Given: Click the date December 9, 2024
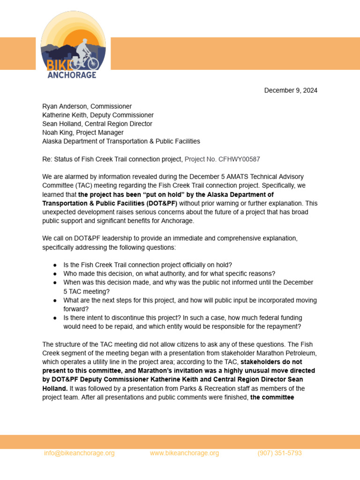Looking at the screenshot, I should [x=291, y=90].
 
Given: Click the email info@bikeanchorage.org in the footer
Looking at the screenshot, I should [x=79, y=453].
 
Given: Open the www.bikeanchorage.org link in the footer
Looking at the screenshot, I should [x=184, y=453].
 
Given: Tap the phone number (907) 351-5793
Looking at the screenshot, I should [x=279, y=453].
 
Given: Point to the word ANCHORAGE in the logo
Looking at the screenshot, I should [x=72, y=75].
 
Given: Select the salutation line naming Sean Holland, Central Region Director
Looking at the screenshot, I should [x=97, y=124].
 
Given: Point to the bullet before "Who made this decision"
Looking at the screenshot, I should [x=55, y=274].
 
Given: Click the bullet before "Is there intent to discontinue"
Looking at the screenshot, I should [x=55, y=318].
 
